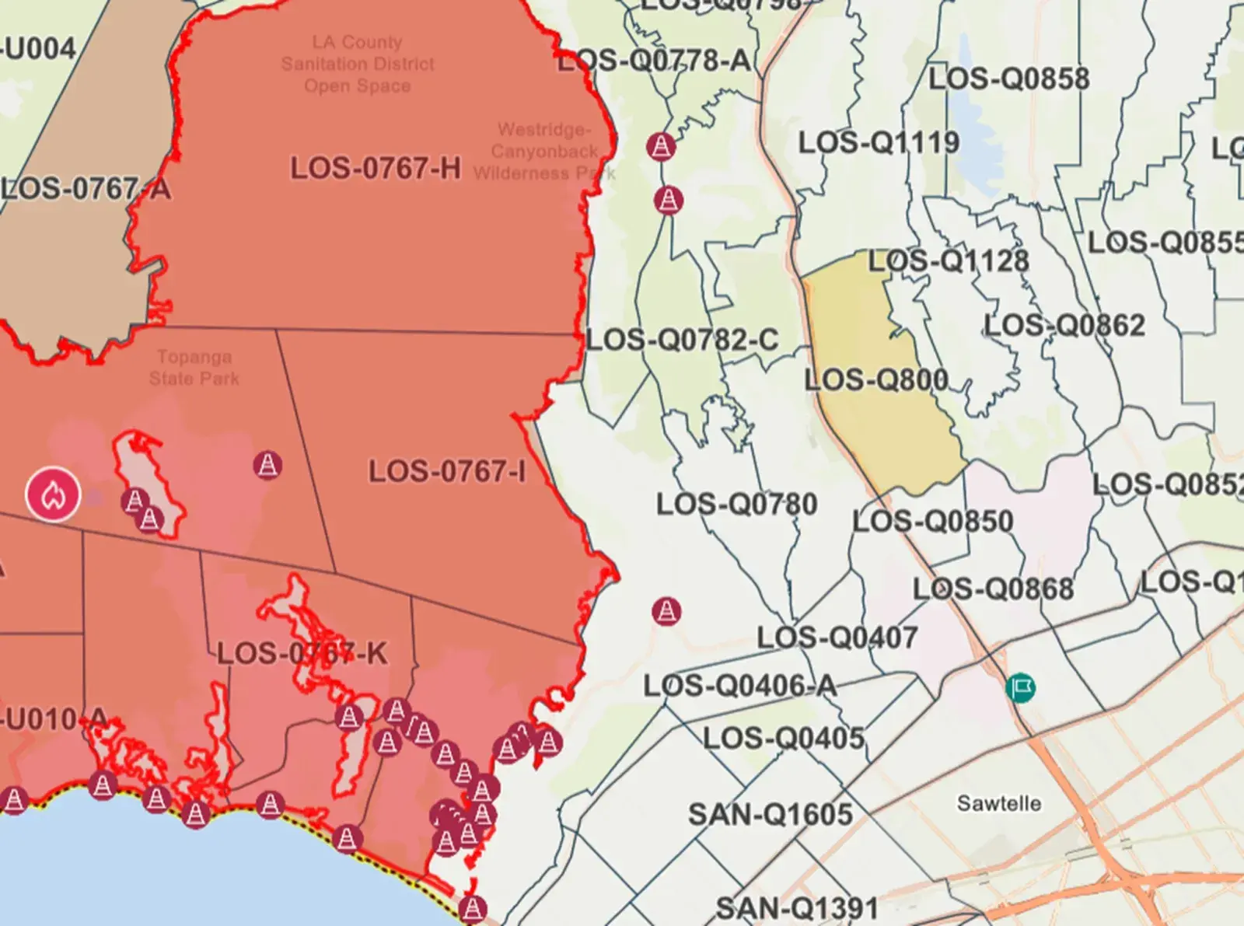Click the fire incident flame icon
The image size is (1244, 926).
[53, 494]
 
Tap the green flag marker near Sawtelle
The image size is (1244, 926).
[1020, 688]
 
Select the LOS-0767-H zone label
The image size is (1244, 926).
[376, 169]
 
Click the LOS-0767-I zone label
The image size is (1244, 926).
[446, 471]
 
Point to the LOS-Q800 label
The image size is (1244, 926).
[875, 380]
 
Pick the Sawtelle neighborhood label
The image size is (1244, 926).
[998, 803]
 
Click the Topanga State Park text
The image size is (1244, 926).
[194, 368]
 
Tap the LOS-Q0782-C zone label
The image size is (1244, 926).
[682, 340]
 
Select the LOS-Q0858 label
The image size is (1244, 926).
[1008, 79]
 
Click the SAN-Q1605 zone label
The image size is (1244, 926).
[770, 815]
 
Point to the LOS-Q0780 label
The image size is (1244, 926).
[736, 505]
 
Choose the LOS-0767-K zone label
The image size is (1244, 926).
[302, 653]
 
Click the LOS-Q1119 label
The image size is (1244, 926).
[879, 143]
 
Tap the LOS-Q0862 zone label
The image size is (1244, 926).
[1064, 325]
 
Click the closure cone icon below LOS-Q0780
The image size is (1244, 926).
[666, 611]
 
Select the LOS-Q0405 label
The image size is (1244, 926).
[783, 738]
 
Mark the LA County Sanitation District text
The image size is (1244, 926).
[358, 64]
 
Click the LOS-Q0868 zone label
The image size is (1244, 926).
[993, 589]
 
